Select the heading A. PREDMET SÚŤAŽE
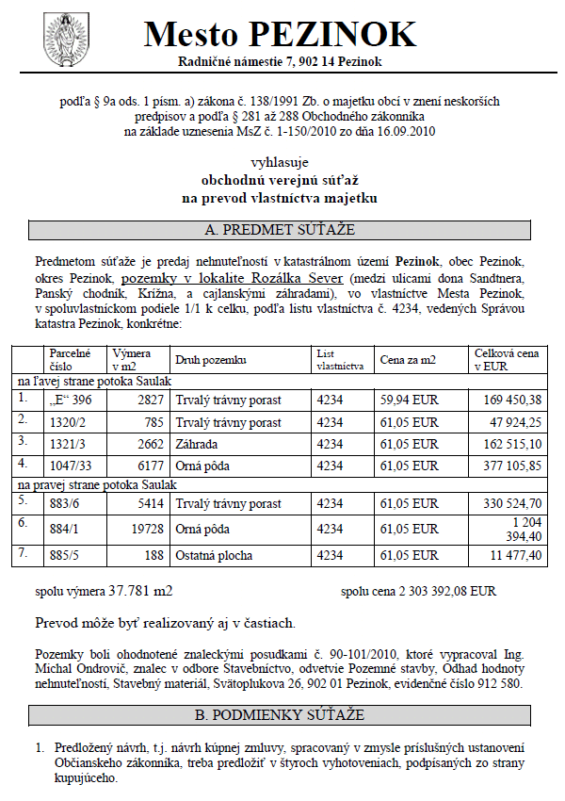280,230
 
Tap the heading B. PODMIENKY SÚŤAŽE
280,715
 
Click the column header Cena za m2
407,360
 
